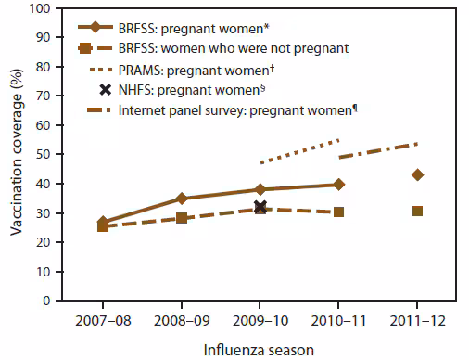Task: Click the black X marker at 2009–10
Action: point(260,208)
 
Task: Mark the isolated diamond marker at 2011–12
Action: point(417,175)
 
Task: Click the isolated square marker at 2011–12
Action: point(417,212)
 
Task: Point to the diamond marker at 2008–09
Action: point(182,199)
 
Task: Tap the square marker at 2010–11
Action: point(338,212)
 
